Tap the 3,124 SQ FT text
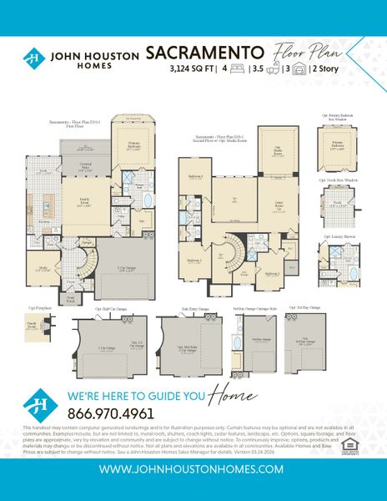(172, 69)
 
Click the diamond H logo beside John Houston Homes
(33, 58)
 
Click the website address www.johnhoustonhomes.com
(193, 471)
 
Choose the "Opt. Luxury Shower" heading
(338, 236)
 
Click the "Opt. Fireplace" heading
(36, 306)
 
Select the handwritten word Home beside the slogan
(229, 370)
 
